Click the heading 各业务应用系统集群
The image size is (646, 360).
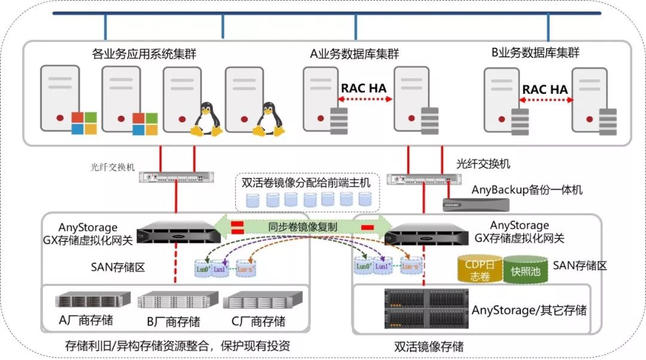point(144,54)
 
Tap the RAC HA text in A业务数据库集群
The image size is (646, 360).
point(364,88)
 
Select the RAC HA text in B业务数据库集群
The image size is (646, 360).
point(545,89)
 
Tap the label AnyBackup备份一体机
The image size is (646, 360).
point(527,190)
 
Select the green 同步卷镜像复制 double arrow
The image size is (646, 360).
point(303,227)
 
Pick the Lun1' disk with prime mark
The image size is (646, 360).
point(382,266)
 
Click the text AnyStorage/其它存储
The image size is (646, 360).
point(529,310)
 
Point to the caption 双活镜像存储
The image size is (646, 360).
point(429,347)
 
